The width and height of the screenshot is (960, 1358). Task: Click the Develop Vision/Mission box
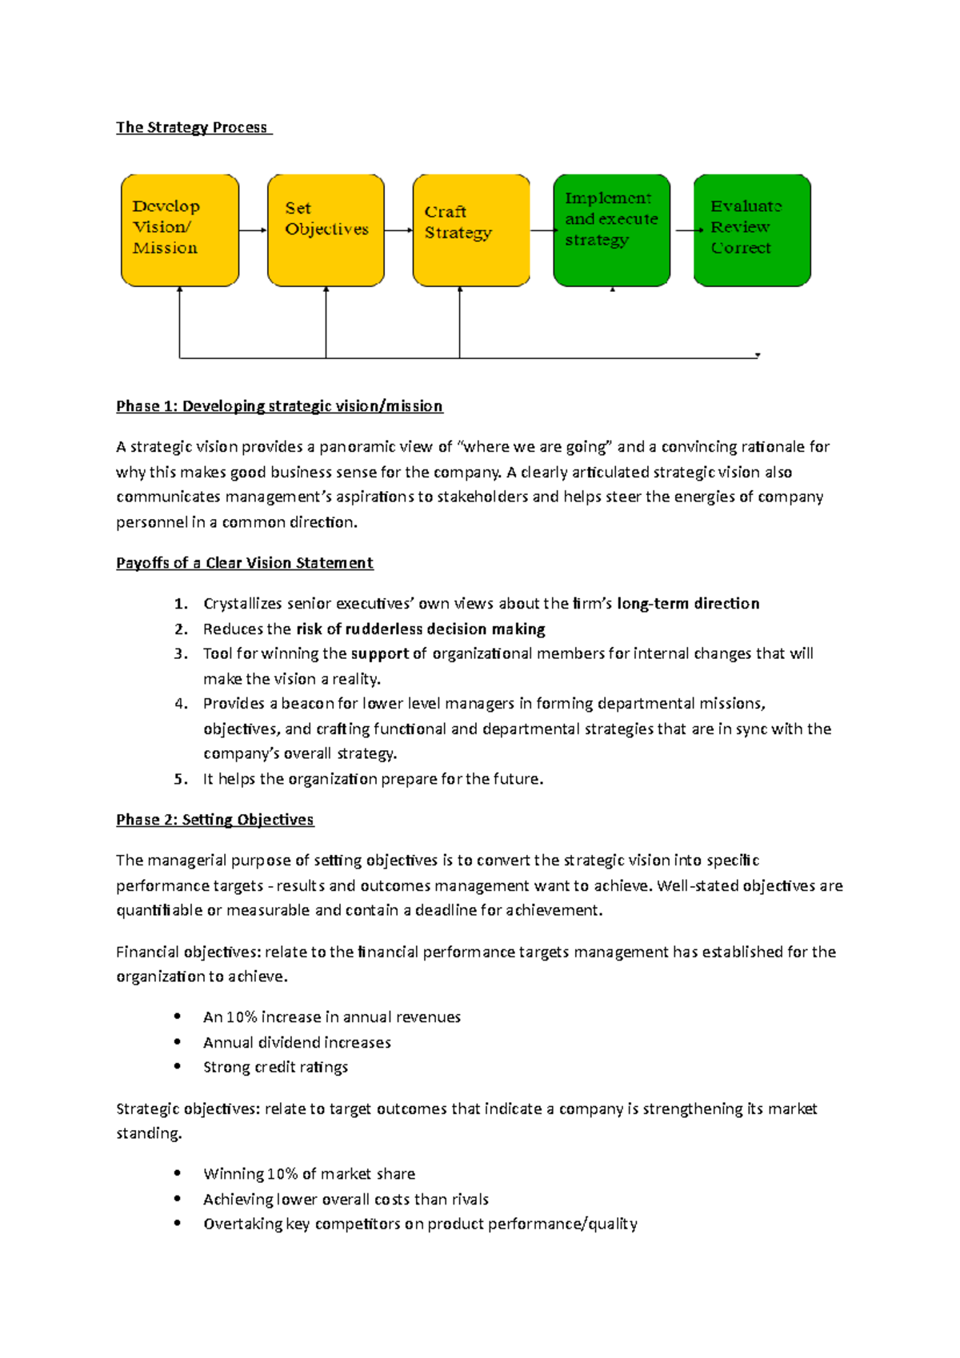(180, 230)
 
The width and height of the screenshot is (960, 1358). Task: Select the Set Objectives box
(326, 230)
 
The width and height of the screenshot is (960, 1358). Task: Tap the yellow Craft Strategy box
(471, 230)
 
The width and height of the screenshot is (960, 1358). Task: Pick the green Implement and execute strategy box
(612, 230)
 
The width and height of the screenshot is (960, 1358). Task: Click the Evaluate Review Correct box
(752, 230)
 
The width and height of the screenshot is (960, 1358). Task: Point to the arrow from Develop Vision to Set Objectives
(253, 230)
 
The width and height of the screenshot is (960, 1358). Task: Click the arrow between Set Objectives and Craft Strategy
(398, 230)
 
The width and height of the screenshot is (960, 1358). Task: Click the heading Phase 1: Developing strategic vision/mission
(279, 406)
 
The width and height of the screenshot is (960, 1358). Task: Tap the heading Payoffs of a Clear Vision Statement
(244, 563)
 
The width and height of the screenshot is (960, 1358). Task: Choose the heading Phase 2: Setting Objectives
(214, 820)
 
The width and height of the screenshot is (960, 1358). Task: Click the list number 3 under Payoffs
(181, 653)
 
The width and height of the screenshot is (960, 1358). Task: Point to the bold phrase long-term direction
(688, 604)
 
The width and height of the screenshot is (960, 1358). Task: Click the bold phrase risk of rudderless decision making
(421, 629)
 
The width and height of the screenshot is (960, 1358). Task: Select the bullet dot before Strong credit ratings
(178, 1066)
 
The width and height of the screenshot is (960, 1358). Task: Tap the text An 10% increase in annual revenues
(332, 1017)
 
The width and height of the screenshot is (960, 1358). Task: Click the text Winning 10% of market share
(309, 1174)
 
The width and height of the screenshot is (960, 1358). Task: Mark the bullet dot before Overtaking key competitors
(178, 1223)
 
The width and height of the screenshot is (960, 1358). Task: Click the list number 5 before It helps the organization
(181, 779)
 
